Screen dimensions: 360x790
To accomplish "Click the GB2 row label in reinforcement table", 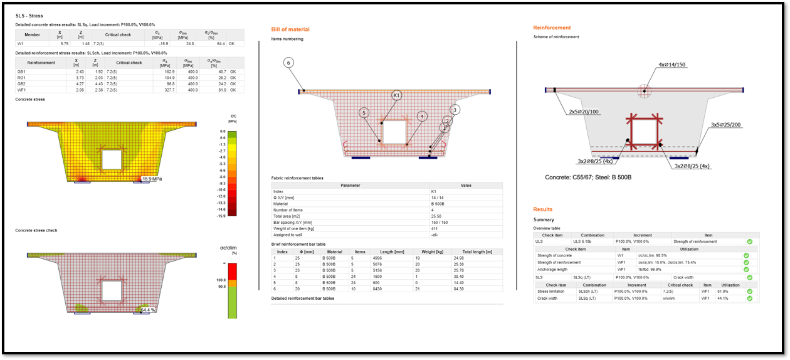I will click(21, 83).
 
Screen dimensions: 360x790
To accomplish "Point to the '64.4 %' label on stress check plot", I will click(148, 310).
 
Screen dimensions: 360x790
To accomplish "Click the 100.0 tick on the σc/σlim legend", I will click(221, 280).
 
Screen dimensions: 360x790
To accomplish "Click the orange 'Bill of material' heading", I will click(290, 29).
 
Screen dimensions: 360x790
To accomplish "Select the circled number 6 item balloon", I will click(288, 63).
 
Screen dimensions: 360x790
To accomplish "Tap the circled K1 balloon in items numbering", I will click(396, 95).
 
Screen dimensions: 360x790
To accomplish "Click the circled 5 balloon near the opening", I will click(364, 113).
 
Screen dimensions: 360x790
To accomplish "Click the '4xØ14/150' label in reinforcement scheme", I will click(673, 65).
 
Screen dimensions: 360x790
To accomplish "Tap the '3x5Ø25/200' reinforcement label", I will click(726, 125).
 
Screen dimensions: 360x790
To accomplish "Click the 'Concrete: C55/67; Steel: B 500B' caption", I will click(588, 177).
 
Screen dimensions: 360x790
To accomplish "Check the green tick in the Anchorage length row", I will click(746, 270).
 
